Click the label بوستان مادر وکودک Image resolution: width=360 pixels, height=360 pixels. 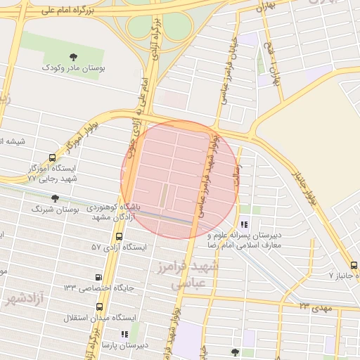(x=72, y=68)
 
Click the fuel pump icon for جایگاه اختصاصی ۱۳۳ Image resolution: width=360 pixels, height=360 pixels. (x=98, y=277)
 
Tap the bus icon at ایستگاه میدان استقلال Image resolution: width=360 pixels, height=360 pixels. (x=98, y=307)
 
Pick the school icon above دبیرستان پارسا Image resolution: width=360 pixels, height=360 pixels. (x=124, y=335)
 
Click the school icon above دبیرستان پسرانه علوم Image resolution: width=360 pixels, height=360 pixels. (x=244, y=224)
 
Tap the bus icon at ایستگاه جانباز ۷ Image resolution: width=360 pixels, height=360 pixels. (x=354, y=265)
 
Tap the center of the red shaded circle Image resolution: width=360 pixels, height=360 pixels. (x=179, y=179)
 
